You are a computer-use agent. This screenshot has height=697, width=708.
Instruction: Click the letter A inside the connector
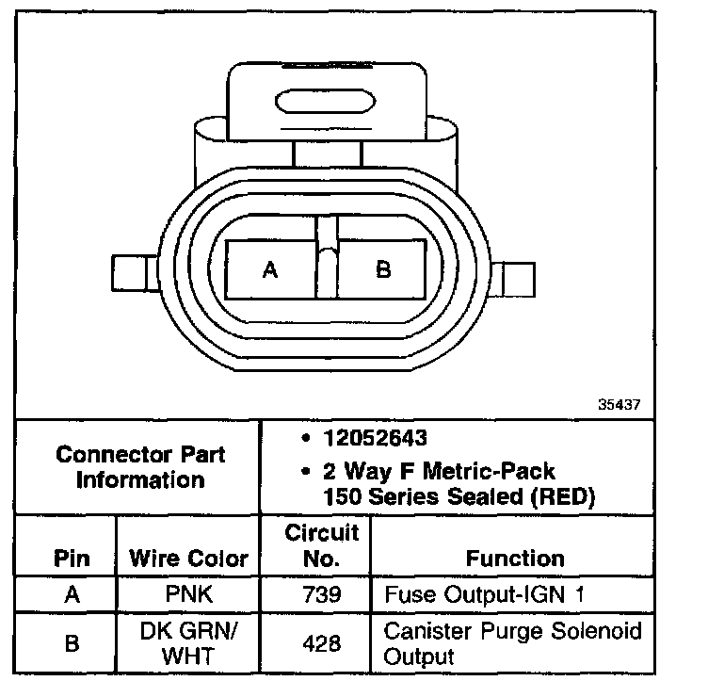270,270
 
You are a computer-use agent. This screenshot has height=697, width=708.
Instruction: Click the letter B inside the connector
383,270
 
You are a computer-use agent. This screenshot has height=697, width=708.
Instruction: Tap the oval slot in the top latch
326,101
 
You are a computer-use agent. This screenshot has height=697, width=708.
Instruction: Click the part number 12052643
376,439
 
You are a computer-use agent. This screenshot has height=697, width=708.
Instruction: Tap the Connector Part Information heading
140,467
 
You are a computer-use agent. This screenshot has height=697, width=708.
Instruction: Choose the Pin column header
72,559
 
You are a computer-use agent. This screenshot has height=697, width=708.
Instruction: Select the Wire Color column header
188,559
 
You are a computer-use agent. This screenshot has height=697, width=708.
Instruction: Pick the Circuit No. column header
322,546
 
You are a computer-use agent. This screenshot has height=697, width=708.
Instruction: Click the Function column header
515,559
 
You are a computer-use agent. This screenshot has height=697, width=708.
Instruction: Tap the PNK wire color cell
188,595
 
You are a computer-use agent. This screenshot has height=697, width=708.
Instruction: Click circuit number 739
322,595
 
